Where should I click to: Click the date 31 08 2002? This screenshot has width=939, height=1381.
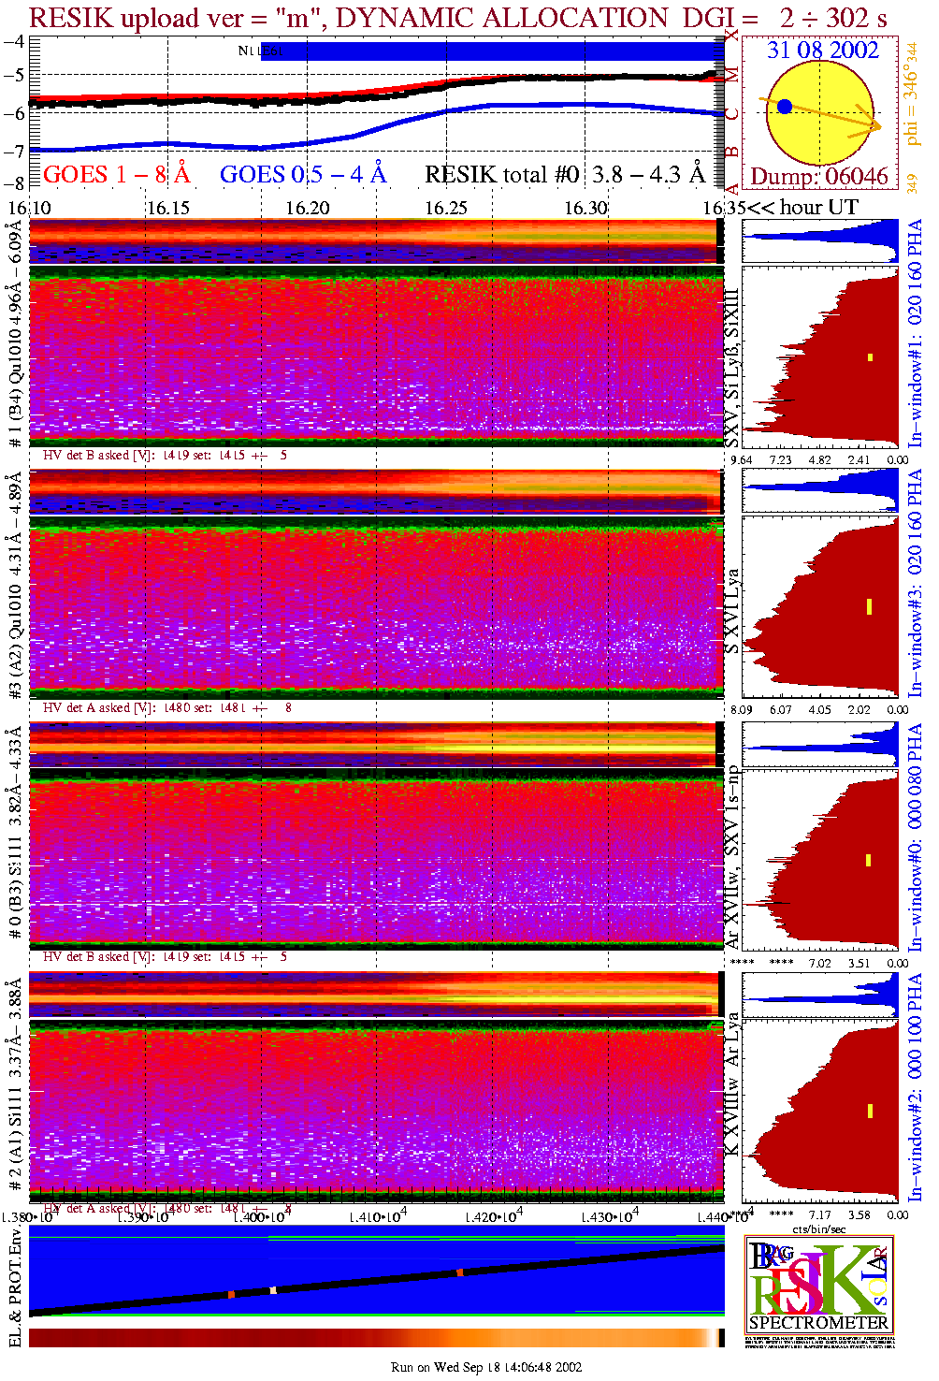(x=823, y=51)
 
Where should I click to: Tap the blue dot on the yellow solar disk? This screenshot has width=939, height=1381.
(x=785, y=107)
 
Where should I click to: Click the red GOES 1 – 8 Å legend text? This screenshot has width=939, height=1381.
(x=116, y=175)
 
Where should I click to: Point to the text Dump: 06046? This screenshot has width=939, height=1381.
(x=819, y=177)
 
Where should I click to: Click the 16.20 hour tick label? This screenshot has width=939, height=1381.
(x=308, y=208)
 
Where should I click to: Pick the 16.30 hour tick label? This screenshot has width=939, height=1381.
(x=585, y=208)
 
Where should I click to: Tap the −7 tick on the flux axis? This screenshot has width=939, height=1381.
(x=14, y=151)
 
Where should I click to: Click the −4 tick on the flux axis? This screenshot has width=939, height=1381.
(x=14, y=42)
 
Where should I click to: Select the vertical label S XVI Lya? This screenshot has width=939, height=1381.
(x=732, y=611)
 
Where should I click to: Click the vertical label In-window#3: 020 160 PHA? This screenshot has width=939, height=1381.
(x=915, y=581)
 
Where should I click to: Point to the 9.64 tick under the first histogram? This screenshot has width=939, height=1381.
(x=741, y=459)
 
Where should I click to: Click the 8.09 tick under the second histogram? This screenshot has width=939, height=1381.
(x=741, y=709)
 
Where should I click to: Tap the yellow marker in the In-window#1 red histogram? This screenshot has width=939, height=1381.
(x=870, y=356)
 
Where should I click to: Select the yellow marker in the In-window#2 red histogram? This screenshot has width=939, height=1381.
(x=870, y=1111)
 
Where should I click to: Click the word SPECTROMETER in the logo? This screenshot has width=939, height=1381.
(x=818, y=1323)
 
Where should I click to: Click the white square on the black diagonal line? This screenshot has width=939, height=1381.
(x=273, y=1290)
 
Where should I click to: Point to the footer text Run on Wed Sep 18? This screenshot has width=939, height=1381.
(x=485, y=1367)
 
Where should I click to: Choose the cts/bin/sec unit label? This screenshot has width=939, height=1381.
(x=819, y=1228)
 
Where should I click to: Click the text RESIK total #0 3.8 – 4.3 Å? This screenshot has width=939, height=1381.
(x=565, y=175)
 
